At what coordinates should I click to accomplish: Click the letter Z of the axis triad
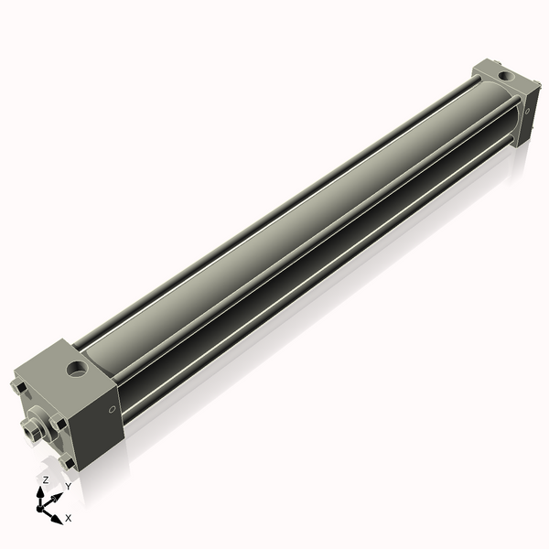[x=46, y=479]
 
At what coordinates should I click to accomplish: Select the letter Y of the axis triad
[x=67, y=487]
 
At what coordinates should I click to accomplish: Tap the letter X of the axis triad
[x=68, y=518]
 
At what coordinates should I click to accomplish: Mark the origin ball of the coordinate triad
[x=44, y=501]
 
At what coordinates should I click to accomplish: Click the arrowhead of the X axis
[x=59, y=515]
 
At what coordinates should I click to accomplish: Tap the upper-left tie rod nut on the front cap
[x=20, y=388]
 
